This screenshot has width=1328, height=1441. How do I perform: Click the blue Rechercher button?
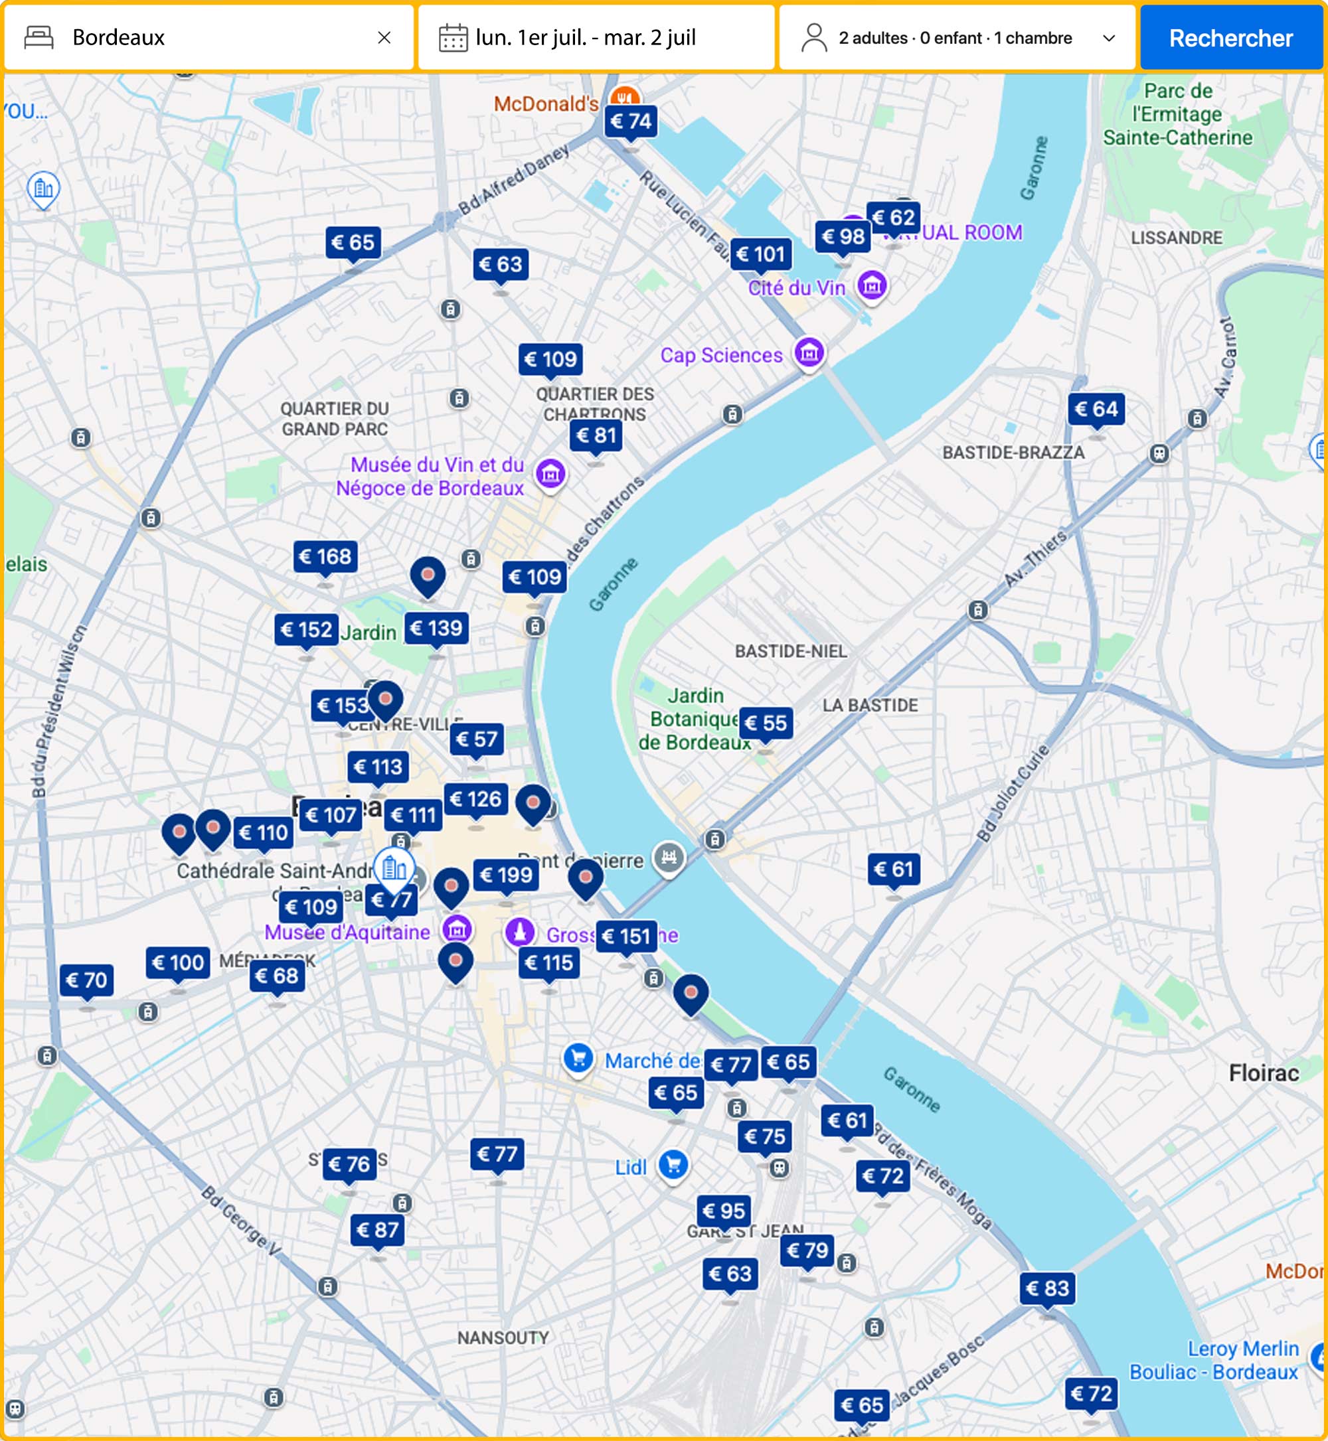[1230, 38]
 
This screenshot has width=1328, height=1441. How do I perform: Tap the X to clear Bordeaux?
[384, 37]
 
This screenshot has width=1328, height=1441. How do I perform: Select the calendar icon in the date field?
[453, 38]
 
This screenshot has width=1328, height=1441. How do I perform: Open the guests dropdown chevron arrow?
[1109, 38]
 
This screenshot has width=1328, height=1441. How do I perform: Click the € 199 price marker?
[506, 875]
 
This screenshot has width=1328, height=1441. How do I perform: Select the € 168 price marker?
[325, 557]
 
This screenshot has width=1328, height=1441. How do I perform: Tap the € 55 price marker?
[766, 723]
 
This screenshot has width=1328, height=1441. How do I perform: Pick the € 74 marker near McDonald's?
[630, 121]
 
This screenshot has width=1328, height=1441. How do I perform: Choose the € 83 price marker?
[1048, 1288]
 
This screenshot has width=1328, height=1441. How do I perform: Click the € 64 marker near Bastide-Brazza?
[1096, 410]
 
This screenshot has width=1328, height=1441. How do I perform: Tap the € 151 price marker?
[627, 937]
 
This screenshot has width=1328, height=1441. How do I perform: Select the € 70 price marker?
[86, 980]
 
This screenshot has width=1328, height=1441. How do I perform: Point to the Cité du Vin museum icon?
[872, 286]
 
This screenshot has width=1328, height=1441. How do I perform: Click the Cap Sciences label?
[720, 355]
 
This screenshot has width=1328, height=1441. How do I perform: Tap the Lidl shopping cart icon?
[673, 1164]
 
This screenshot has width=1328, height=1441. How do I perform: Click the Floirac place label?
[1264, 1073]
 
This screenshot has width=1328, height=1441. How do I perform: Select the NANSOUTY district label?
[503, 1337]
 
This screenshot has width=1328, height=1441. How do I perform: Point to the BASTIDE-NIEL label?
[790, 651]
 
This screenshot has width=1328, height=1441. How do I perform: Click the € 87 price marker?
[377, 1230]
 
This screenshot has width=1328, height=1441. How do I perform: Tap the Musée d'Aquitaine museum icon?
[457, 929]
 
